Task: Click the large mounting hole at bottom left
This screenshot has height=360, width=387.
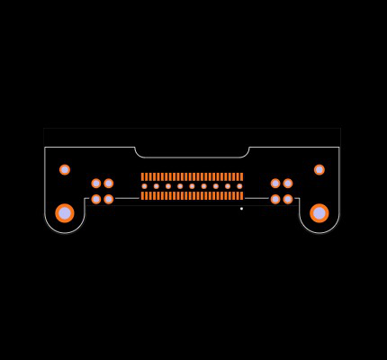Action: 65,213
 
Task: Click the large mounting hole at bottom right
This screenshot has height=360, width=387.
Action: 319,213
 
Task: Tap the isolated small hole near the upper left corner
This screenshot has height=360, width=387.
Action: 65,169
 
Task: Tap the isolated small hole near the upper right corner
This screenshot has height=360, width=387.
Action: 319,169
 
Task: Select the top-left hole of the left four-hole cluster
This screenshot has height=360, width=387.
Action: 96,184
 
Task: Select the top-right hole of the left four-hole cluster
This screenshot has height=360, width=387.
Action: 109,184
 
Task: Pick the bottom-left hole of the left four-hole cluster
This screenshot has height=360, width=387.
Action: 96,199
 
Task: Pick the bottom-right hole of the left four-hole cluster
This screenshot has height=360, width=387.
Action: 109,199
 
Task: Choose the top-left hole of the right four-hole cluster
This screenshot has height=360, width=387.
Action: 275,184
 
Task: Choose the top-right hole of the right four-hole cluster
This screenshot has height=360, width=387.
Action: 288,184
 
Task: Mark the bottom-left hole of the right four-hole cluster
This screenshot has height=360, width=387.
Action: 275,199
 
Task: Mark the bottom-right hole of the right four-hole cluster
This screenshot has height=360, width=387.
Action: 288,199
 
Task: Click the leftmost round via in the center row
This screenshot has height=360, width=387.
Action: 144,186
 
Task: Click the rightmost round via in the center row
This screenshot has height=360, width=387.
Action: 239,186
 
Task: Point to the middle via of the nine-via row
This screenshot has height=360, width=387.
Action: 192,186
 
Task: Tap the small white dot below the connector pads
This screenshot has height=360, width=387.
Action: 241,209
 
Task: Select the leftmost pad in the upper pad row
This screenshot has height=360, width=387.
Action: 142,177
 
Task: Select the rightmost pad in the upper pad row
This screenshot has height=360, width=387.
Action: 242,177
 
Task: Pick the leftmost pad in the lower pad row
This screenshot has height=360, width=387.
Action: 142,195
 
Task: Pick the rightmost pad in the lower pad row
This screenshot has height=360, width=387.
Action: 242,195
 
